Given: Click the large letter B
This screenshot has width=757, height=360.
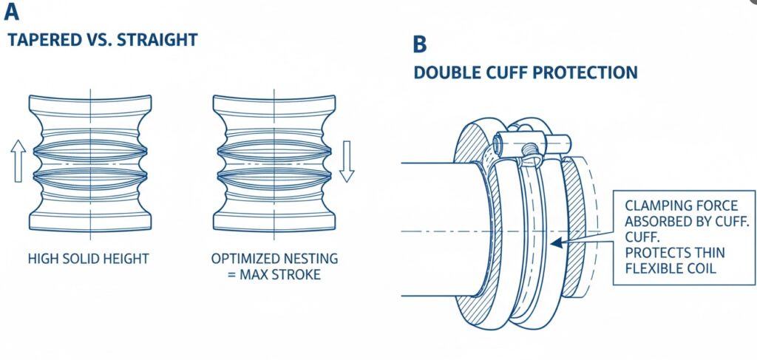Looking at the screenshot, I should pyautogui.click(x=419, y=44).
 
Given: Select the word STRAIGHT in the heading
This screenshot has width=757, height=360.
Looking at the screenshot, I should pyautogui.click(x=163, y=39).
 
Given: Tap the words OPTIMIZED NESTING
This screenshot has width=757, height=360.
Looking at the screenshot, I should pyautogui.click(x=274, y=259).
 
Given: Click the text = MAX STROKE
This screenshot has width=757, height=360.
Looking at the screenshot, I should pyautogui.click(x=275, y=275).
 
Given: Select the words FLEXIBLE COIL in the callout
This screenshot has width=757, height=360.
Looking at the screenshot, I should pyautogui.click(x=671, y=268).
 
